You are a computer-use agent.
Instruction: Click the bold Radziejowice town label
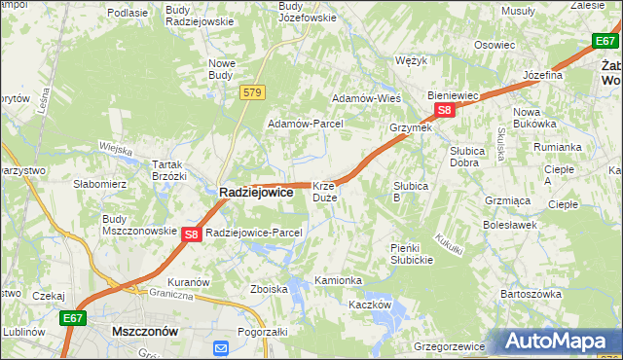click(x=255, y=193)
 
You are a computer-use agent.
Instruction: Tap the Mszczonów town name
click(x=145, y=331)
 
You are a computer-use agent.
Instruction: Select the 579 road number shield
click(x=252, y=92)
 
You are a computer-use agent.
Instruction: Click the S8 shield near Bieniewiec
click(x=444, y=111)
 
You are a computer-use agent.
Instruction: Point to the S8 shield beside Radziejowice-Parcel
click(x=192, y=234)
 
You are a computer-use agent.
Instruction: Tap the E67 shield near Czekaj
click(x=72, y=317)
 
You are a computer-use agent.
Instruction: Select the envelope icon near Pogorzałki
click(x=221, y=347)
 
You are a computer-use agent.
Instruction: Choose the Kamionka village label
click(x=338, y=280)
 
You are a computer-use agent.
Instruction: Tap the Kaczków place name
click(x=370, y=305)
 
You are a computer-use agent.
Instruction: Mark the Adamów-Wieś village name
click(x=367, y=98)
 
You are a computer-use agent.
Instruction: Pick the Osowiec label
click(x=494, y=45)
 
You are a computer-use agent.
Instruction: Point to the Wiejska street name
click(x=116, y=149)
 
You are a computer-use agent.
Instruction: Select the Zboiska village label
click(x=269, y=289)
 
